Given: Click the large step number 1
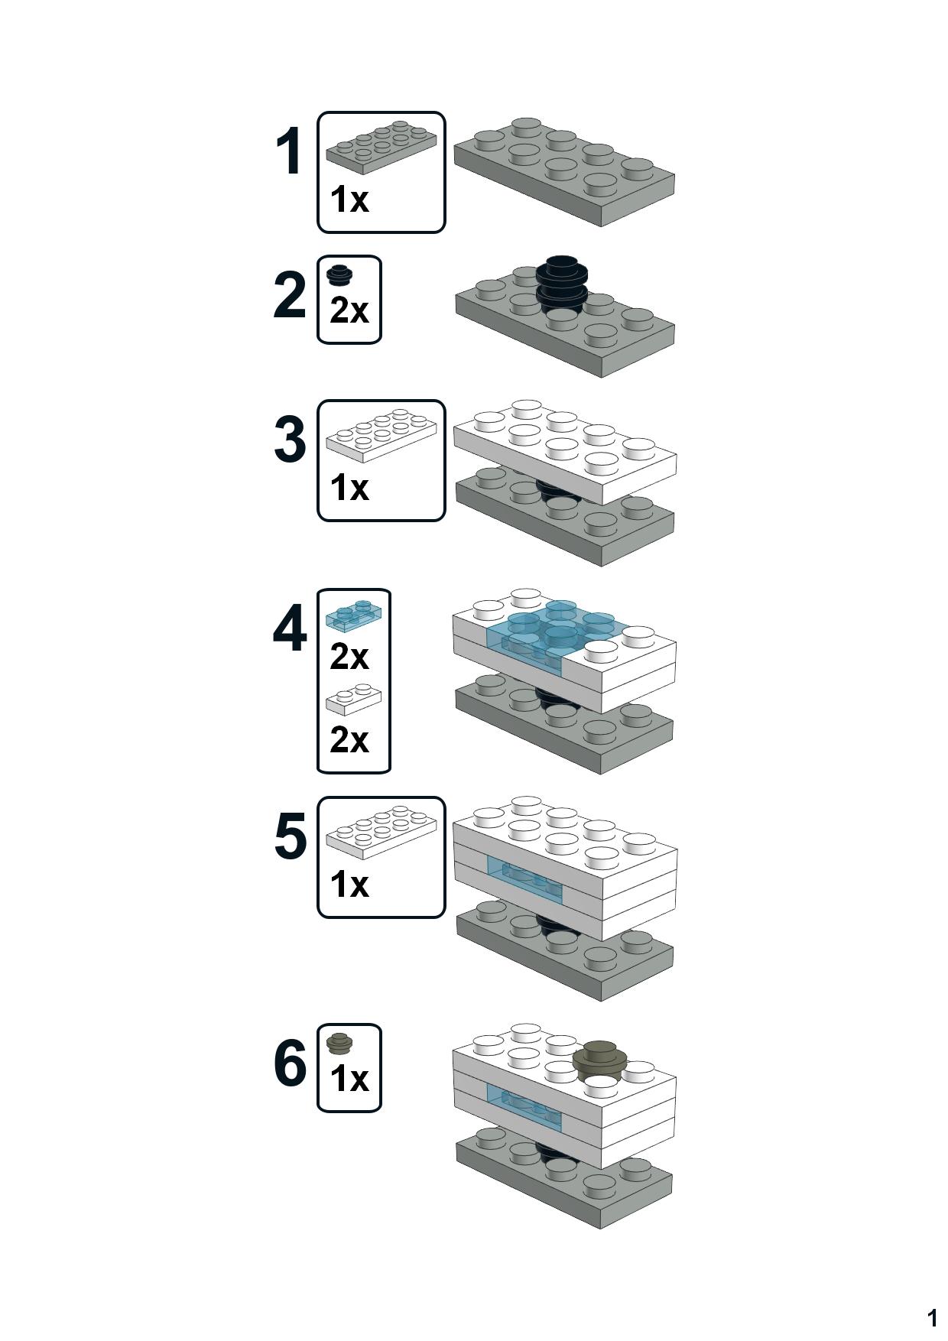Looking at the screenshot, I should click(x=289, y=152).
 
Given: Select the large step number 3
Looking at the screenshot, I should click(x=290, y=440).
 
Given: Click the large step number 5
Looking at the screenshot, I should click(x=290, y=836).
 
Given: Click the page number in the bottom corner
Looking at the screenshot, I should click(x=931, y=1317).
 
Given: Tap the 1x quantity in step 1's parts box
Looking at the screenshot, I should click(x=349, y=200).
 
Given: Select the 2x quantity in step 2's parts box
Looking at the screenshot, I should click(x=349, y=310).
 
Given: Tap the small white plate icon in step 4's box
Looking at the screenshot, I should click(x=353, y=701).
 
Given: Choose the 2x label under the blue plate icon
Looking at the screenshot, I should click(x=349, y=656).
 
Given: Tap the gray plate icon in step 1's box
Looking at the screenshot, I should click(x=381, y=145).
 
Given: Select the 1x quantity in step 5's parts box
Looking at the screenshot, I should click(x=349, y=885).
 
